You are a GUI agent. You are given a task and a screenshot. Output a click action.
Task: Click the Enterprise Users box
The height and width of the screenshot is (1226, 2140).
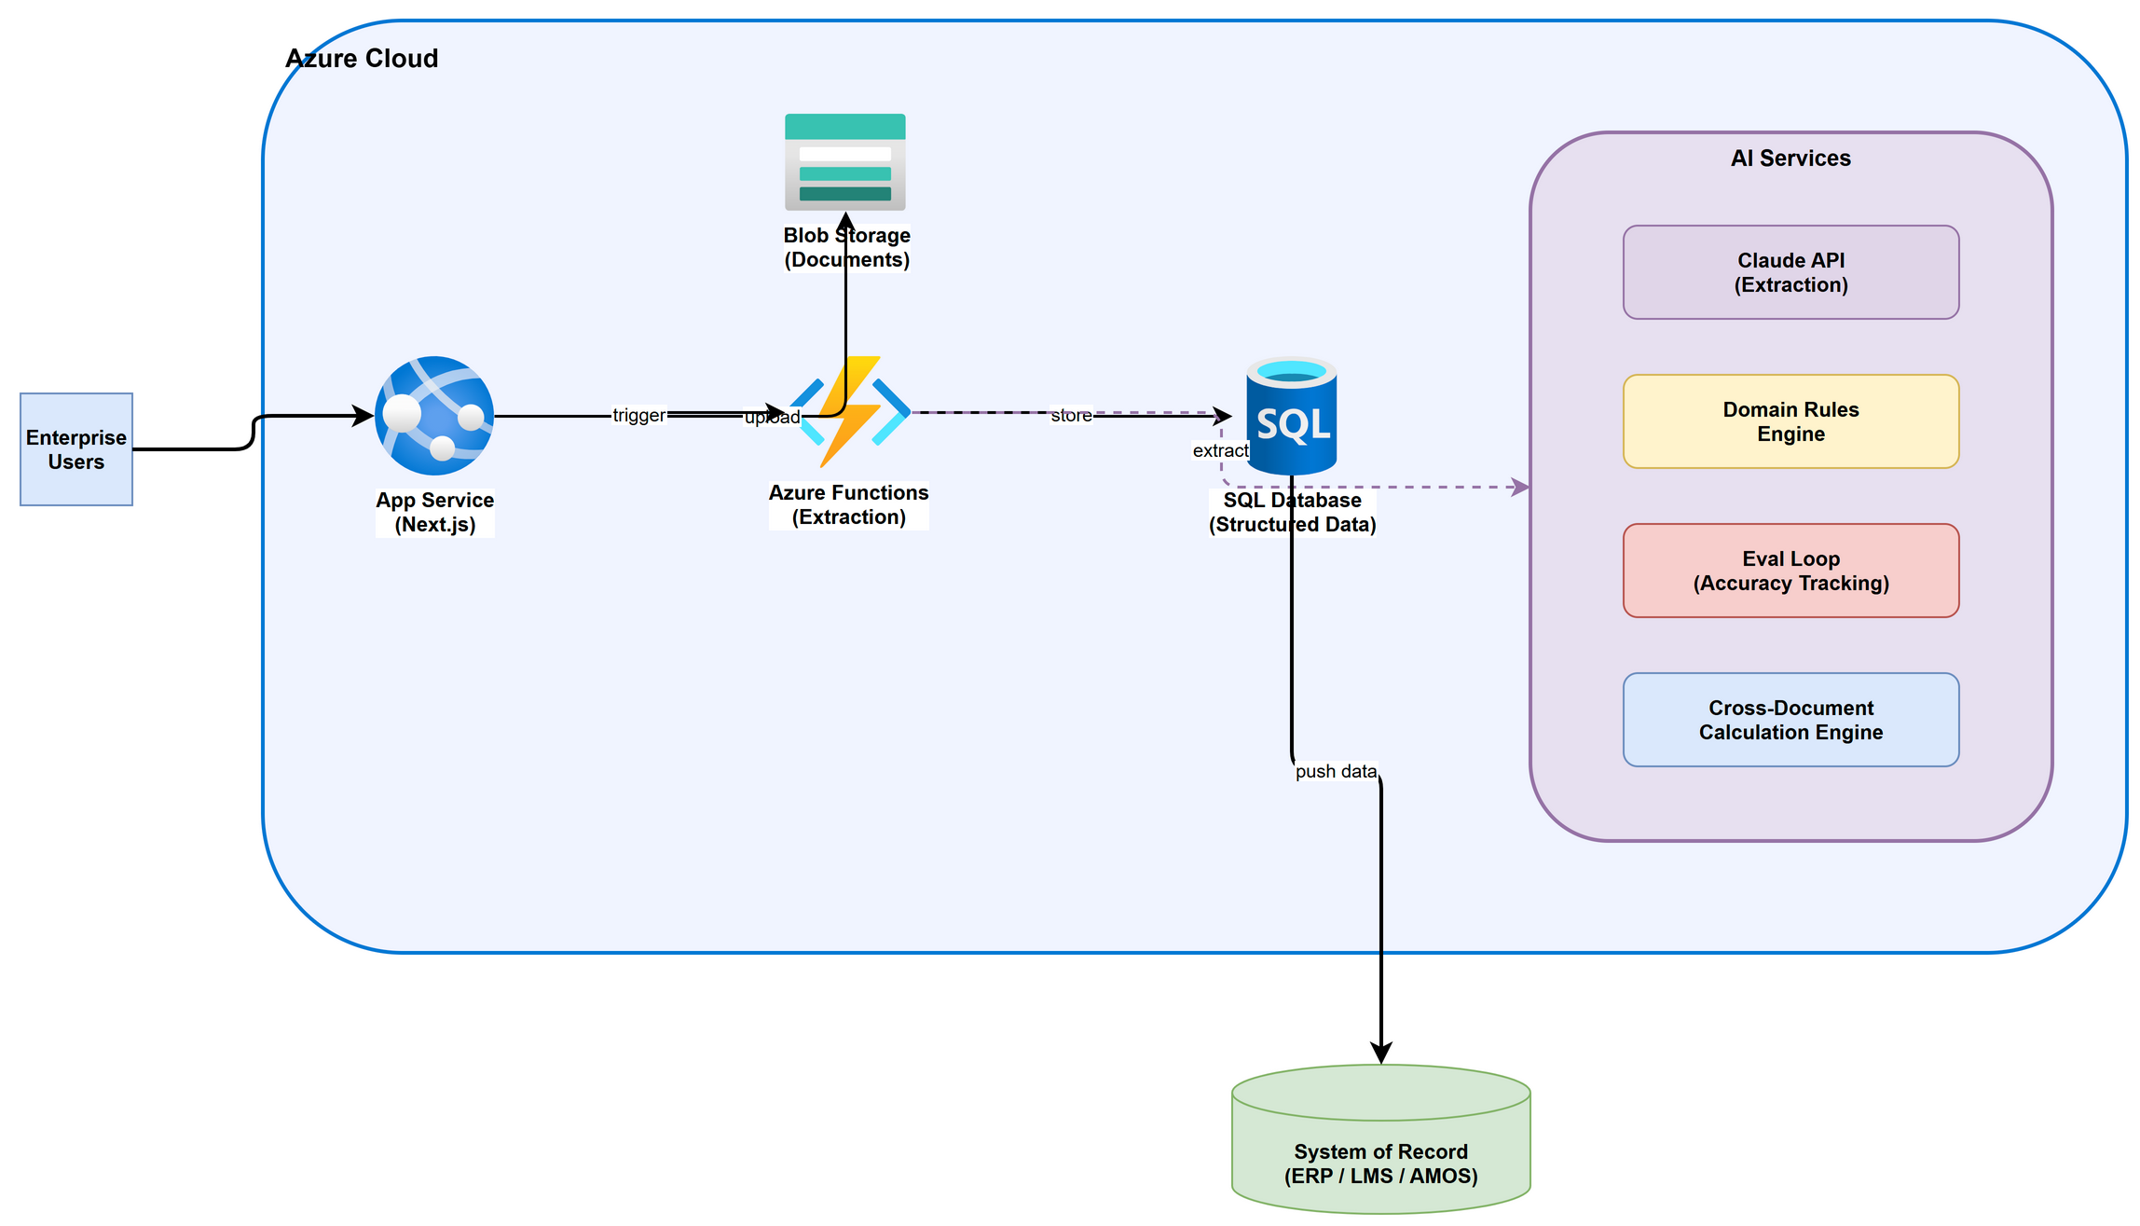(x=76, y=449)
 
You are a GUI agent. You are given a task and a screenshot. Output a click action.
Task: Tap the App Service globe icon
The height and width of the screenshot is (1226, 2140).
(x=434, y=416)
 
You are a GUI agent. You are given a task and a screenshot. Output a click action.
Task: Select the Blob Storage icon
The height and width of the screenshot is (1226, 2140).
(x=844, y=162)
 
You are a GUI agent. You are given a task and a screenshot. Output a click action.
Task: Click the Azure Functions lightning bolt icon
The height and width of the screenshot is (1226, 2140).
(x=849, y=411)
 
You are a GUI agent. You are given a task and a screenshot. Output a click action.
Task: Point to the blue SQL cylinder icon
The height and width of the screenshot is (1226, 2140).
(x=1292, y=416)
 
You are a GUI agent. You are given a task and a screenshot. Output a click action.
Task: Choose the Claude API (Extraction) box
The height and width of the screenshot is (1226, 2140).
(x=1790, y=272)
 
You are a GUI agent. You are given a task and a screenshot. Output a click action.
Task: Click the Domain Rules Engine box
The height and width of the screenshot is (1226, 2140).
(x=1790, y=421)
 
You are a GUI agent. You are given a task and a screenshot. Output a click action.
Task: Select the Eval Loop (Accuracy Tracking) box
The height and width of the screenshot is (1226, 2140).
(x=1790, y=571)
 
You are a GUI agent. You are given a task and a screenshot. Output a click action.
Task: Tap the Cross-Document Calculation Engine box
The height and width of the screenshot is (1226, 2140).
(x=1790, y=720)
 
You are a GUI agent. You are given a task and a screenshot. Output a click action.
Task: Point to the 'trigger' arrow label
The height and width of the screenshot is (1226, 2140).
(x=638, y=415)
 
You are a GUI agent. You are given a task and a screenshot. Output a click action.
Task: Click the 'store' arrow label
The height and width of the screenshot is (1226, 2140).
(x=1071, y=415)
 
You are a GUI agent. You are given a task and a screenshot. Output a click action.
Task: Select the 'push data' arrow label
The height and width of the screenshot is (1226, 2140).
(x=1336, y=771)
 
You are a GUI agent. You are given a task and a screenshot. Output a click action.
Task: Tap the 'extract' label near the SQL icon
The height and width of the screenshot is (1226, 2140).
(x=1220, y=450)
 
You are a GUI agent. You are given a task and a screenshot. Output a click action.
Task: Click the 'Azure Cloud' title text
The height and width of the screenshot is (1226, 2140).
(x=362, y=59)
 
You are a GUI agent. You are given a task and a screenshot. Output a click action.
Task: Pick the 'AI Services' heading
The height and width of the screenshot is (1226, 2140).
(x=1790, y=158)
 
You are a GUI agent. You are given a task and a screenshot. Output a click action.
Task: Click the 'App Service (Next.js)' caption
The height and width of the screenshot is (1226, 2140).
(x=434, y=512)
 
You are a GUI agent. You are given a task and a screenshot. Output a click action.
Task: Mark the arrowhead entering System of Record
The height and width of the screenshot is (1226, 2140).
(x=1380, y=1054)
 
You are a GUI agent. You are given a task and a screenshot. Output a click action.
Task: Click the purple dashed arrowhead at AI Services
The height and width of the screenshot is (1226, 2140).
(x=1520, y=487)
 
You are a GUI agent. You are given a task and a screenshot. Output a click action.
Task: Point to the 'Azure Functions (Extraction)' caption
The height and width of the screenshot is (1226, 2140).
(x=848, y=504)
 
